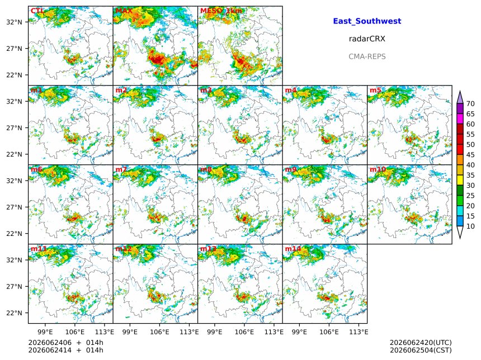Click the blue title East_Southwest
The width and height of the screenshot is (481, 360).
point(367,21)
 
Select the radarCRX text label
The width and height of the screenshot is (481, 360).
point(367,39)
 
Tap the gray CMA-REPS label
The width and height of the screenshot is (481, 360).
point(367,56)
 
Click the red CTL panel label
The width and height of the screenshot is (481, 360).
point(37,11)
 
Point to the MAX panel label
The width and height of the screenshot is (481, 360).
point(124,11)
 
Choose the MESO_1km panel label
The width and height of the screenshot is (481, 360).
point(221,11)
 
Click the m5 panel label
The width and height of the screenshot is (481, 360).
point(375,90)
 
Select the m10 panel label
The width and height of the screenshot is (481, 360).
point(378,169)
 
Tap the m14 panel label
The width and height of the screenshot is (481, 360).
point(293,249)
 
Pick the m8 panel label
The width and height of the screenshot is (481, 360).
point(206,169)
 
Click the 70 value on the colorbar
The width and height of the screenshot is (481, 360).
point(470,103)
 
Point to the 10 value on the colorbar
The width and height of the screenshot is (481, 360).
point(470,226)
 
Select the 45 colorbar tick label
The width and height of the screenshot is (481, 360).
point(470,155)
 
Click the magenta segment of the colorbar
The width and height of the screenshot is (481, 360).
point(460,119)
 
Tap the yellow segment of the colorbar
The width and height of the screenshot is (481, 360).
point(460,181)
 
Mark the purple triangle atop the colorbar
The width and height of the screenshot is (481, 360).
point(460,97)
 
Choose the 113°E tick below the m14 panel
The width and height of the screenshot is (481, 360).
point(359,332)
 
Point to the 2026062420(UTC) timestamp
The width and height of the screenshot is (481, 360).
point(421,343)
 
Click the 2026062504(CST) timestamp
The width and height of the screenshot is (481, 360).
point(421,350)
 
